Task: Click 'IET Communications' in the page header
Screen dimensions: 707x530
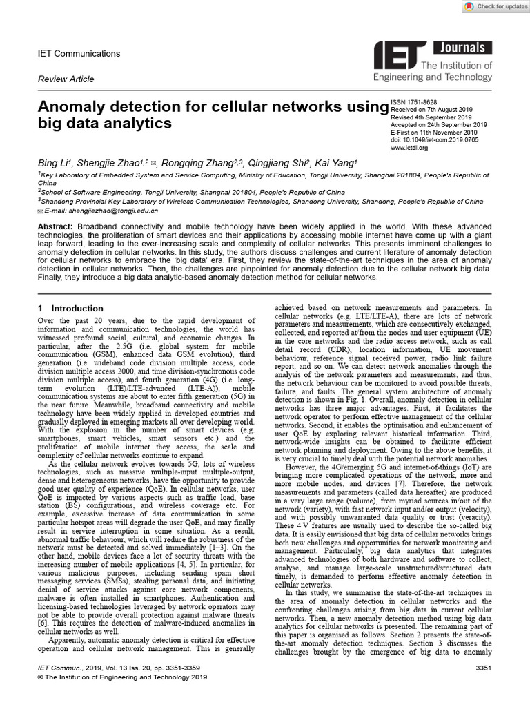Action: tap(78, 54)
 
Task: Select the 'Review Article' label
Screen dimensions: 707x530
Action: tap(66, 79)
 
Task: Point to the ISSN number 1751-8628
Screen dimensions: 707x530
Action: tap(414, 101)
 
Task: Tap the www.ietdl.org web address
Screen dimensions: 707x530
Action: tap(407, 147)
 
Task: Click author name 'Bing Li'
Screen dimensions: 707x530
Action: tap(54, 163)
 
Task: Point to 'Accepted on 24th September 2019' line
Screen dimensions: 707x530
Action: tap(440, 124)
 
